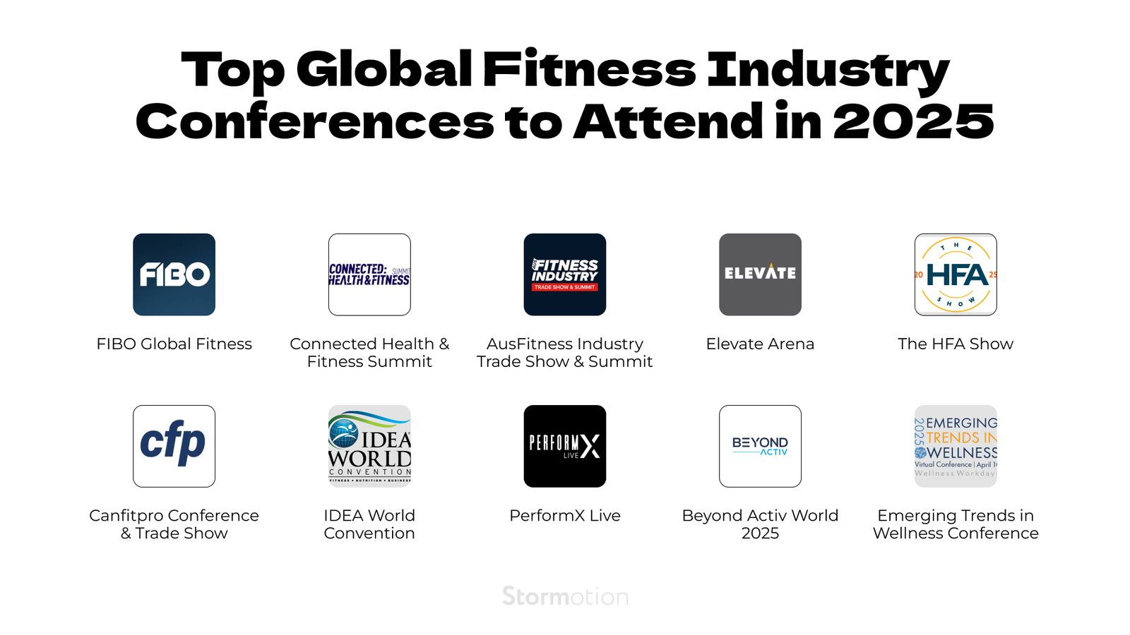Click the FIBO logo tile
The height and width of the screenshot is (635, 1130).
(x=174, y=274)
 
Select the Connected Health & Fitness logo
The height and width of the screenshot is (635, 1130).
(x=369, y=274)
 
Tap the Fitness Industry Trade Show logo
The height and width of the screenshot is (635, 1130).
(x=565, y=274)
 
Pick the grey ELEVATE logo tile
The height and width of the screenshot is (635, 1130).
(x=760, y=274)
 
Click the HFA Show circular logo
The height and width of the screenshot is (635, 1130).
(x=956, y=274)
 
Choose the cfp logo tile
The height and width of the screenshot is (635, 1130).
(x=174, y=446)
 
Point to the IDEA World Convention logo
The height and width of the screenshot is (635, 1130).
(x=369, y=446)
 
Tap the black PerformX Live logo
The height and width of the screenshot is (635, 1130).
(x=565, y=446)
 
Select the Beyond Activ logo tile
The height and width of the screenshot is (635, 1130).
(x=760, y=446)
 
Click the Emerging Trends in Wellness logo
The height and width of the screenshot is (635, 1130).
(x=956, y=446)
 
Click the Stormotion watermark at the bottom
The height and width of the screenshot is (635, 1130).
(x=565, y=597)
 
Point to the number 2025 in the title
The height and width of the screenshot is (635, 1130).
(x=913, y=121)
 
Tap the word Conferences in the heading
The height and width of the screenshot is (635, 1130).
(x=314, y=121)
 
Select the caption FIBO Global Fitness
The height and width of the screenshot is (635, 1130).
(x=174, y=344)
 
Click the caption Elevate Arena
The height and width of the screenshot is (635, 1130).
(x=760, y=344)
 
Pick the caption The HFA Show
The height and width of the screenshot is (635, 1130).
(x=956, y=344)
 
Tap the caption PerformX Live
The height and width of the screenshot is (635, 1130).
(x=565, y=516)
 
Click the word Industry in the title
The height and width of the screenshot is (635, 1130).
(x=828, y=71)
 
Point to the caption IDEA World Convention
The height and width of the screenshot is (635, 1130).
(x=369, y=524)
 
